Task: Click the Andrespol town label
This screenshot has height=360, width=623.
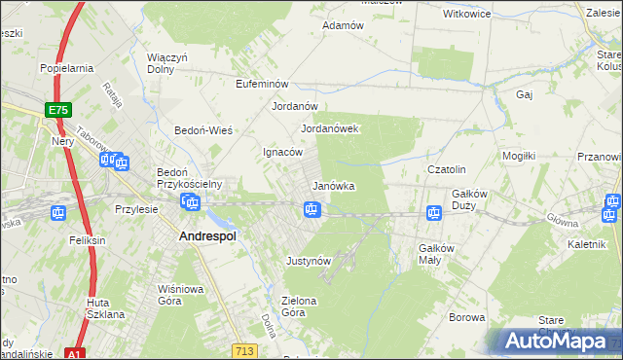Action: point(208,235)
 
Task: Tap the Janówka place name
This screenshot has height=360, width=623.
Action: point(333,186)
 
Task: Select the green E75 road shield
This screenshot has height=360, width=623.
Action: point(57,111)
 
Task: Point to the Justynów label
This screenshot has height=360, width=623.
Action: point(310,261)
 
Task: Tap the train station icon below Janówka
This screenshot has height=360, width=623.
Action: point(311,208)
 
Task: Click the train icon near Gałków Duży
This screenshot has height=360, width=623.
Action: point(434,212)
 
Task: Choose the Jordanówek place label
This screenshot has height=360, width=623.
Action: point(330,128)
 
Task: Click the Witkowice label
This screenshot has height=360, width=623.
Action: point(466,15)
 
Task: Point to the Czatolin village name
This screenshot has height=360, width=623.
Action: point(448,169)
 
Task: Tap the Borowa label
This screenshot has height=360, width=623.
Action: point(466,318)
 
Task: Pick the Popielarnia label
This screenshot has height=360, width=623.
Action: point(66,68)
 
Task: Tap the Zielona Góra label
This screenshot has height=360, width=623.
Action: point(299,306)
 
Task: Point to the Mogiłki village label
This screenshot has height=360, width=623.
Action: point(519,156)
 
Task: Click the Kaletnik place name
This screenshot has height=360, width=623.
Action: point(581,244)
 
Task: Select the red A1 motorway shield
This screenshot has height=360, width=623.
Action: point(74,354)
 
